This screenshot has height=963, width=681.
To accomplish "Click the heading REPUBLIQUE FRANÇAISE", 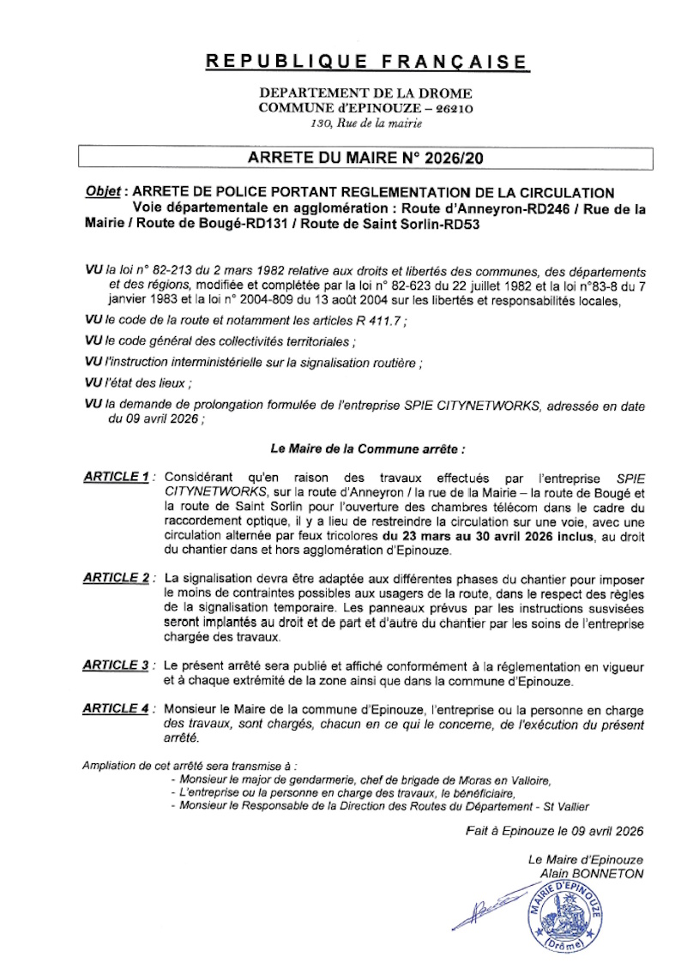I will pos(367,62).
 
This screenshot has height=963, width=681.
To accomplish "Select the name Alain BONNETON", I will pos(591,873).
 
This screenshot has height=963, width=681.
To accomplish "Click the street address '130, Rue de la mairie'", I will pos(366,124).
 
